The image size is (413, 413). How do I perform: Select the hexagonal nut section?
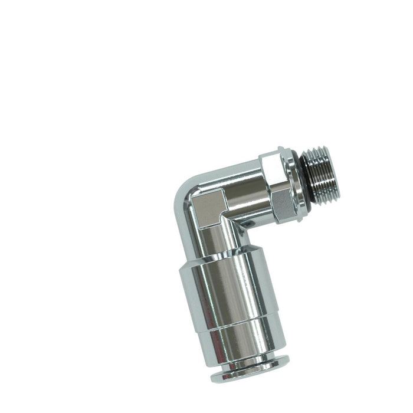281,188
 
